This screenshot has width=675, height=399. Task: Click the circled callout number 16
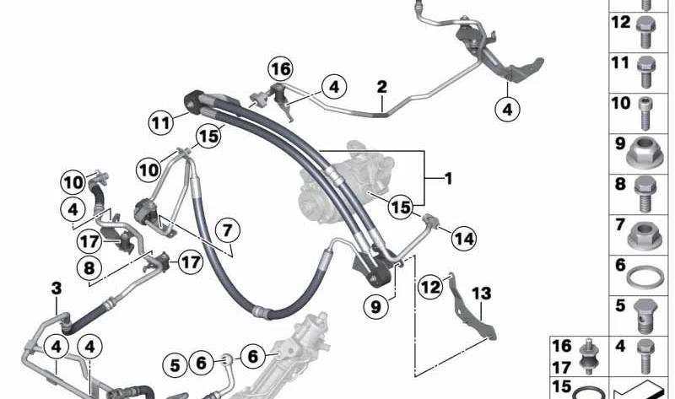tap(280, 69)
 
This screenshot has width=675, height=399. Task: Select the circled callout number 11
tap(161, 123)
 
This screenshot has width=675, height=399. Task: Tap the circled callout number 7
tap(227, 231)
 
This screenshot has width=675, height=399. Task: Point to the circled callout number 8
tap(89, 268)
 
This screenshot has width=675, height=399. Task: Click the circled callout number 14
tap(463, 239)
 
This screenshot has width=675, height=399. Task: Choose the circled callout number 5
tap(175, 365)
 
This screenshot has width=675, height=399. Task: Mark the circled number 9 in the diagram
tap(375, 307)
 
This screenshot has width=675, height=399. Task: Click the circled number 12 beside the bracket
tap(430, 287)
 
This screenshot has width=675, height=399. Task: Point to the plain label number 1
tap(448, 179)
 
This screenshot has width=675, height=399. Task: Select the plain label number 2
tap(382, 87)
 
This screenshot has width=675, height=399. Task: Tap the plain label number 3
tap(57, 288)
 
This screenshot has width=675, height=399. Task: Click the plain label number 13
tap(481, 293)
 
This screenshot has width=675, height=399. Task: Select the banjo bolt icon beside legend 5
tap(644, 316)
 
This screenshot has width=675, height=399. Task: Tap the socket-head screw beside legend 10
tap(645, 113)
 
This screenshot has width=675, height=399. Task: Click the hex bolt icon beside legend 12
tap(645, 32)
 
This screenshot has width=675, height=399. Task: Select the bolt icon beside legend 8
tap(645, 194)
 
